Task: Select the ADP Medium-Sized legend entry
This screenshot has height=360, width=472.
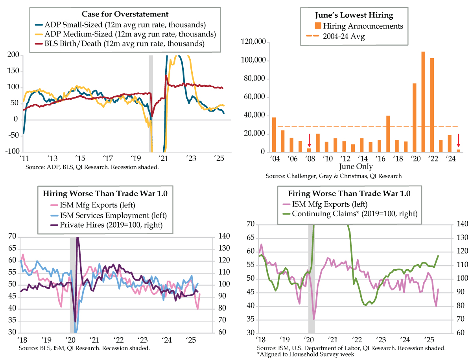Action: click(129, 34)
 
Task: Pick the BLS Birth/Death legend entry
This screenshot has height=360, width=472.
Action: click(129, 44)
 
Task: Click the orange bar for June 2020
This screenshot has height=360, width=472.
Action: click(414, 118)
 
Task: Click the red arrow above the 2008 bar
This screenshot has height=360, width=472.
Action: click(309, 140)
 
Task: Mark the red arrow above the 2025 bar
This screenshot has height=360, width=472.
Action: click(458, 140)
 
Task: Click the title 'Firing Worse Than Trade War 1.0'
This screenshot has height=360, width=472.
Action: click(349, 193)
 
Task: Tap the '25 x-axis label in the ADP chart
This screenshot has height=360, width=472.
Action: click(219, 159)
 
